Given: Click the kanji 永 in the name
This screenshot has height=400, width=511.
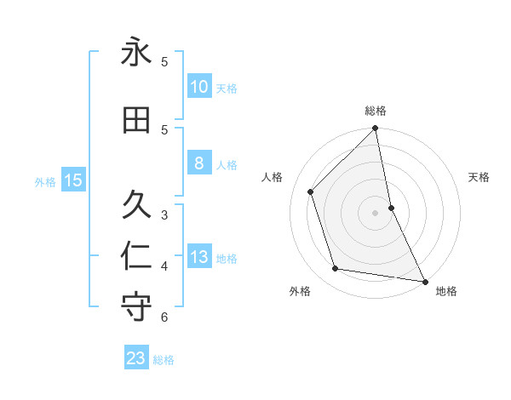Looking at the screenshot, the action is pyautogui.click(x=136, y=52).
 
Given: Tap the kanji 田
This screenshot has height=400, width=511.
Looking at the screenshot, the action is pyautogui.click(x=136, y=120).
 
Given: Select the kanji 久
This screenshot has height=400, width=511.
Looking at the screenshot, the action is pyautogui.click(x=136, y=204).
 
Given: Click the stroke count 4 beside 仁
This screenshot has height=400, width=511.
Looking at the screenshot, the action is pyautogui.click(x=164, y=266).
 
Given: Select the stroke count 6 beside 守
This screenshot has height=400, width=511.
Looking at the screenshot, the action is pyautogui.click(x=164, y=317).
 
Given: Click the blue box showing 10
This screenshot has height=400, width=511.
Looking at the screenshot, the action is pyautogui.click(x=199, y=87).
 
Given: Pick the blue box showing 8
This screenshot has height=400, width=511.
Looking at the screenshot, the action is pyautogui.click(x=199, y=163).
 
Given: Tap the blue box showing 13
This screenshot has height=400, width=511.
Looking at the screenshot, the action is pyautogui.click(x=199, y=257).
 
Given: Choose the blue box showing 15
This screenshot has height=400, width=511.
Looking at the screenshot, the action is pyautogui.click(x=72, y=180).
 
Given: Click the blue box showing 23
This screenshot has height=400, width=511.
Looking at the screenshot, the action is pyautogui.click(x=136, y=358).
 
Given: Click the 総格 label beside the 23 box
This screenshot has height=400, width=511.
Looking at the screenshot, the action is pyautogui.click(x=164, y=360).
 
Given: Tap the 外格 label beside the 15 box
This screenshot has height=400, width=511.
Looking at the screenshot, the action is pyautogui.click(x=45, y=181).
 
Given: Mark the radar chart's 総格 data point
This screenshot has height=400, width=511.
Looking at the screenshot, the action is pyautogui.click(x=376, y=129).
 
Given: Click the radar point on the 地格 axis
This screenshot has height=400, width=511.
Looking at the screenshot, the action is pyautogui.click(x=423, y=281).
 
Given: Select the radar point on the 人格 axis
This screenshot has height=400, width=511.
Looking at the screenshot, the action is pyautogui.click(x=311, y=191).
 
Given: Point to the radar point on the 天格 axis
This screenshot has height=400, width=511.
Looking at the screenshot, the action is pyautogui.click(x=391, y=208).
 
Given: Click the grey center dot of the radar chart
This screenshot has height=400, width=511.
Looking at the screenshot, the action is pyautogui.click(x=376, y=213).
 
